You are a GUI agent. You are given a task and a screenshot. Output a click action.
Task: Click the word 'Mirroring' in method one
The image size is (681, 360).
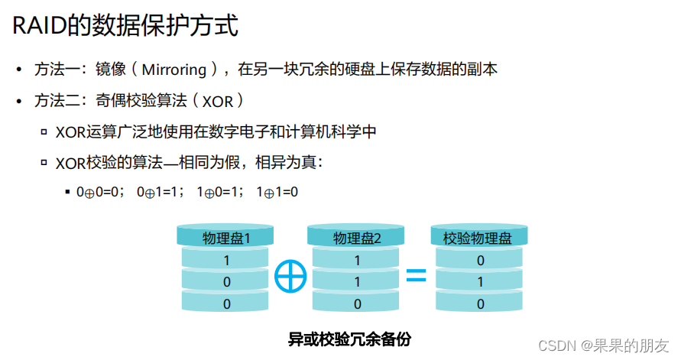pos(174,70)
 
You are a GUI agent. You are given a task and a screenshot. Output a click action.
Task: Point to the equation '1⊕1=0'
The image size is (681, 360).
pos(277,193)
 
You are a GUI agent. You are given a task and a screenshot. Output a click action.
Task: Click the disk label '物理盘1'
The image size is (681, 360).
pos(226,238)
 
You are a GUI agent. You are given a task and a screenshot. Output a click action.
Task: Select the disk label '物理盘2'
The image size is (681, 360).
pos(357,238)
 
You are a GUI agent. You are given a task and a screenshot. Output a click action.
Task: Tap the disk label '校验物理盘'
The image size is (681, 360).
pos(478,238)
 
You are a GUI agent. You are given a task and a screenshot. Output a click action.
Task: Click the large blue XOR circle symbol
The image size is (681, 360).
pos(290,276)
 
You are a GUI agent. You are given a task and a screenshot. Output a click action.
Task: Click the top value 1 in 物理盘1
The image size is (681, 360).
pos(226,261)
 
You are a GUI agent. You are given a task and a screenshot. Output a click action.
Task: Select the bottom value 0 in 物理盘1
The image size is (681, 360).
pos(226,303)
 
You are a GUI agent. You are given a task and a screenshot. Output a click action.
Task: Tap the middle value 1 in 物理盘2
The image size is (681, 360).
pos(357,282)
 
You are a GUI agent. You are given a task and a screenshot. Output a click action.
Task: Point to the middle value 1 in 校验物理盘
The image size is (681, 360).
pos(480,282)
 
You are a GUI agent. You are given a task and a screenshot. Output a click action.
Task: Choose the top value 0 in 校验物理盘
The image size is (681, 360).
pos(480,261)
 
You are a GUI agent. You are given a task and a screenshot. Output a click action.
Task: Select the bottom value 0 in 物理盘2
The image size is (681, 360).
pos(357,303)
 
